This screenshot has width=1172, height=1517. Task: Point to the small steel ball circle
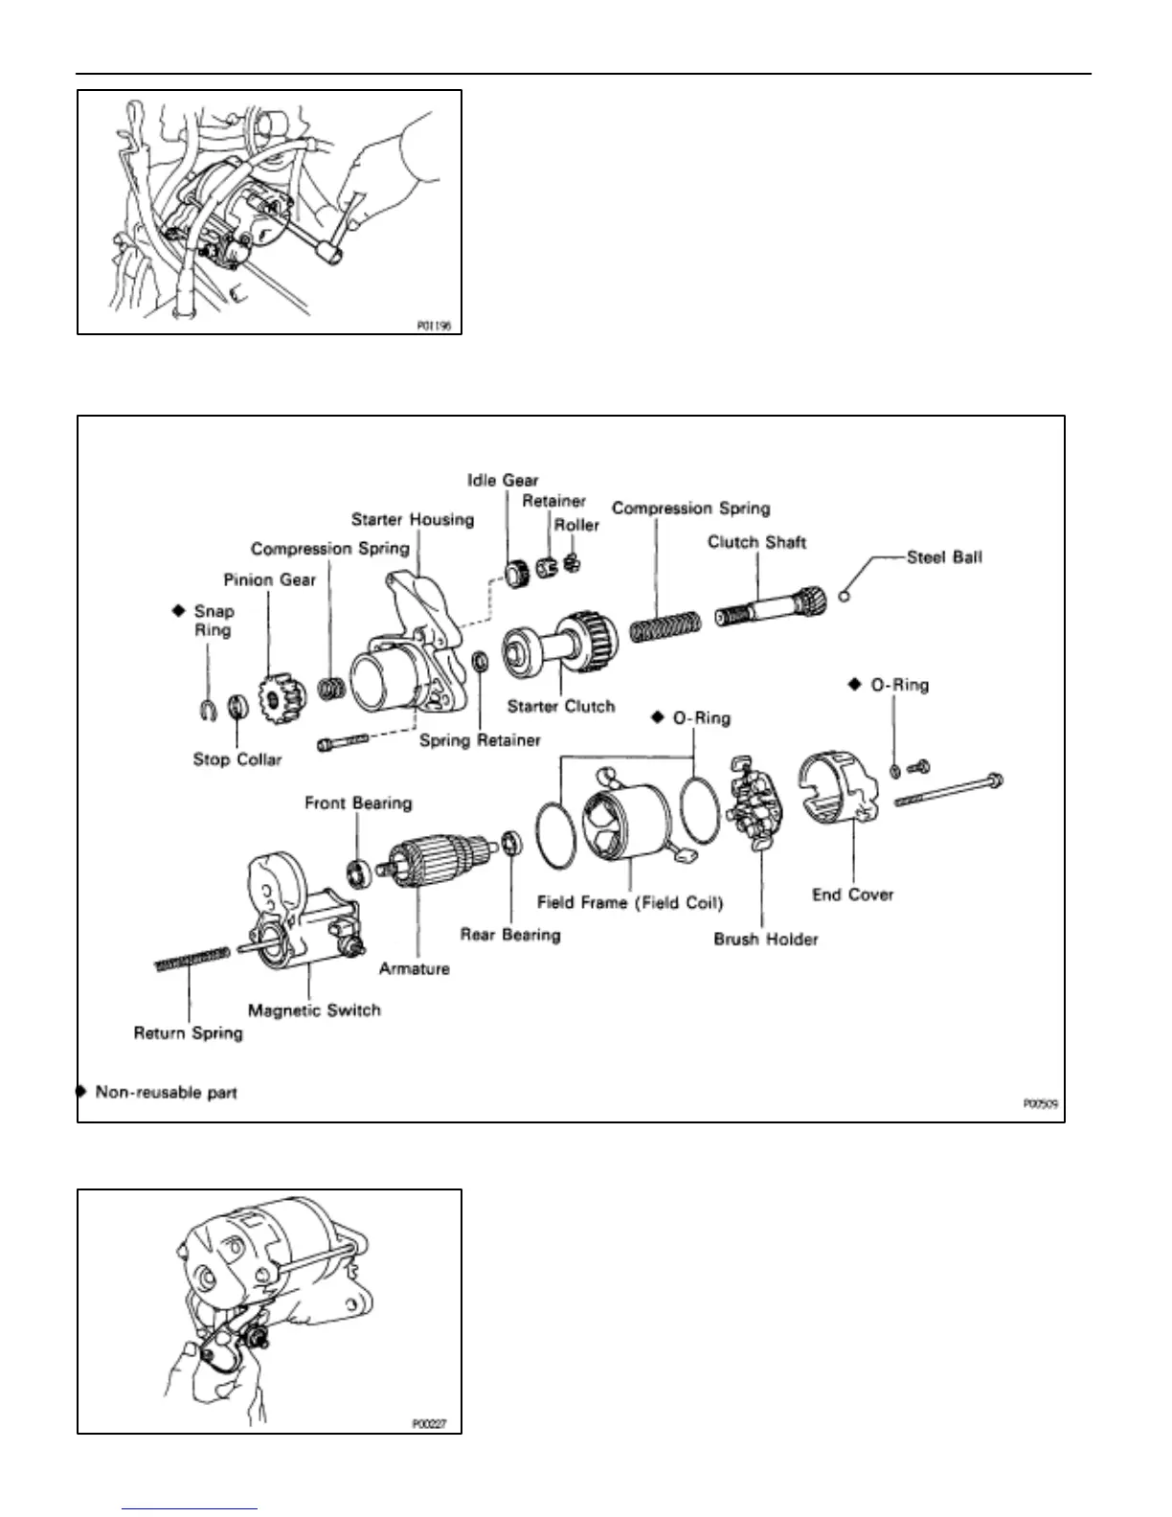843,598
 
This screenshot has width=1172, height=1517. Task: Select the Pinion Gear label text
269,579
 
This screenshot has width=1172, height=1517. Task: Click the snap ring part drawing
207,710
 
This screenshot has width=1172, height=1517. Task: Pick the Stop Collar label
237,759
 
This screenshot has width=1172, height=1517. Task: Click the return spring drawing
191,960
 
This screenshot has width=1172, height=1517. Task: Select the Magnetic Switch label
314,1010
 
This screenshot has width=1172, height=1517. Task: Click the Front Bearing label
358,803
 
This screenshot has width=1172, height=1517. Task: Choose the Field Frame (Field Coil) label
630,902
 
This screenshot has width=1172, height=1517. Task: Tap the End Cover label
852,894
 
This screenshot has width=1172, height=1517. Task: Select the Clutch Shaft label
756,542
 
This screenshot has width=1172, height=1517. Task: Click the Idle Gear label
503,480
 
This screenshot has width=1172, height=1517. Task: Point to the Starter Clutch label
561,707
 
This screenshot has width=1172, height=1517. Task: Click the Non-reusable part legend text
166,1092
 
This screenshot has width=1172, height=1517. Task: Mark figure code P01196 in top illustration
433,326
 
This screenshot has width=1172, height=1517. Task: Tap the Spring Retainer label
480,740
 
